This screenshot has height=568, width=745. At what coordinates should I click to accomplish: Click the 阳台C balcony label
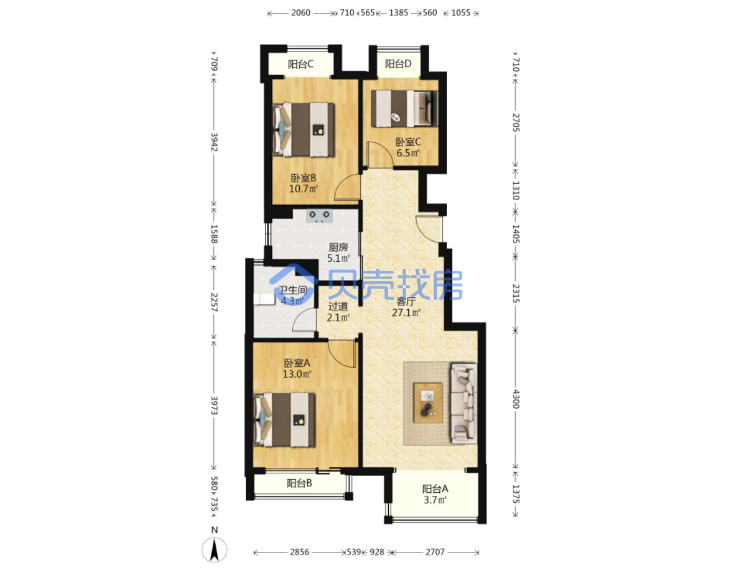(300, 64)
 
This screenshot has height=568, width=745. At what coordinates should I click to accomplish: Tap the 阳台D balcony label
(398, 64)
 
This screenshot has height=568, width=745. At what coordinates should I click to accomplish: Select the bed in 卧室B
(303, 130)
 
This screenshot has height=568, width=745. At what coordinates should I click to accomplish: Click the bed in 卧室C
(404, 108)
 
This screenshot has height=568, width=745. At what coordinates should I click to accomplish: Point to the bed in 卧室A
(284, 420)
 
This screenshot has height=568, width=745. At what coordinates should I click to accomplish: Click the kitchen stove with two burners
(319, 216)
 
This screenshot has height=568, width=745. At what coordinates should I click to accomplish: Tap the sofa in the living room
(463, 403)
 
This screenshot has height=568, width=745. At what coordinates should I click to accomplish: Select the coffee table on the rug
(428, 403)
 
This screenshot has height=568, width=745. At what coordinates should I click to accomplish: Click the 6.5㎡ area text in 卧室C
(408, 153)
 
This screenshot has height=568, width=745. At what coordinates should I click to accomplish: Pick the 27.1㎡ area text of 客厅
(406, 312)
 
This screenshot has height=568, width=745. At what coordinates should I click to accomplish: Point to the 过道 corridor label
(338, 306)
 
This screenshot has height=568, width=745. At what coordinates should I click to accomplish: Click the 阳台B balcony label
(299, 483)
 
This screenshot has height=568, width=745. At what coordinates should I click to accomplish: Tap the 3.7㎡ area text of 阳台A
(435, 499)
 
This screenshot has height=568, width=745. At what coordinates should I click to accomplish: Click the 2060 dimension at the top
(300, 13)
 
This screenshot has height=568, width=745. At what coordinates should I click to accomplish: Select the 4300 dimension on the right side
(515, 399)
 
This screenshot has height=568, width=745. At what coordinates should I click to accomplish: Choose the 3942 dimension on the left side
(214, 142)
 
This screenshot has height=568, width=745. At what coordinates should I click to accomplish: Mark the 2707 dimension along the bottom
(435, 552)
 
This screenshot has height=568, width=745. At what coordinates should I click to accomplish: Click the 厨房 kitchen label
(338, 247)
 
